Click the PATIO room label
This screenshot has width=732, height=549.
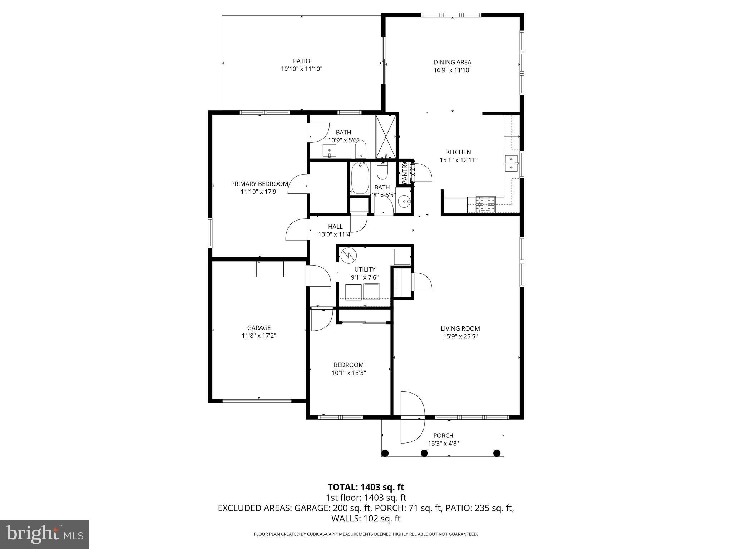coord(301,61)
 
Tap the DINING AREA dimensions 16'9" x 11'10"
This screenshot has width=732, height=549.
coord(452,70)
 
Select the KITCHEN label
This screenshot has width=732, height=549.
coord(458,152)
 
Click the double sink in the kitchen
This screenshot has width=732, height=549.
coord(512,163)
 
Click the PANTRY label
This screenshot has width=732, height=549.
coord(405,173)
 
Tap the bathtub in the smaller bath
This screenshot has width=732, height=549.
coord(360,178)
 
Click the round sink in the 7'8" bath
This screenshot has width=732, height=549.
coord(404,202)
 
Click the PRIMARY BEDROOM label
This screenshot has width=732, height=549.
coord(259,184)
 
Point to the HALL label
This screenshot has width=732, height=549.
coord(335,227)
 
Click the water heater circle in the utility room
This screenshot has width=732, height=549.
coord(348,255)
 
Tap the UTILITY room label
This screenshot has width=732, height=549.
coord(365,269)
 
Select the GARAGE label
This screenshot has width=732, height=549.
coord(259,328)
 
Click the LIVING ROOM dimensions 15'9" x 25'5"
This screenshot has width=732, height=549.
coord(460,336)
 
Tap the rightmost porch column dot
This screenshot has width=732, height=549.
coord(496,453)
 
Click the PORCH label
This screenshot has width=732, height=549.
coord(443,436)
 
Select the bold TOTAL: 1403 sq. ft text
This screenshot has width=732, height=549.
coord(366,487)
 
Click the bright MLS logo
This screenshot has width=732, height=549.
coord(45,534)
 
